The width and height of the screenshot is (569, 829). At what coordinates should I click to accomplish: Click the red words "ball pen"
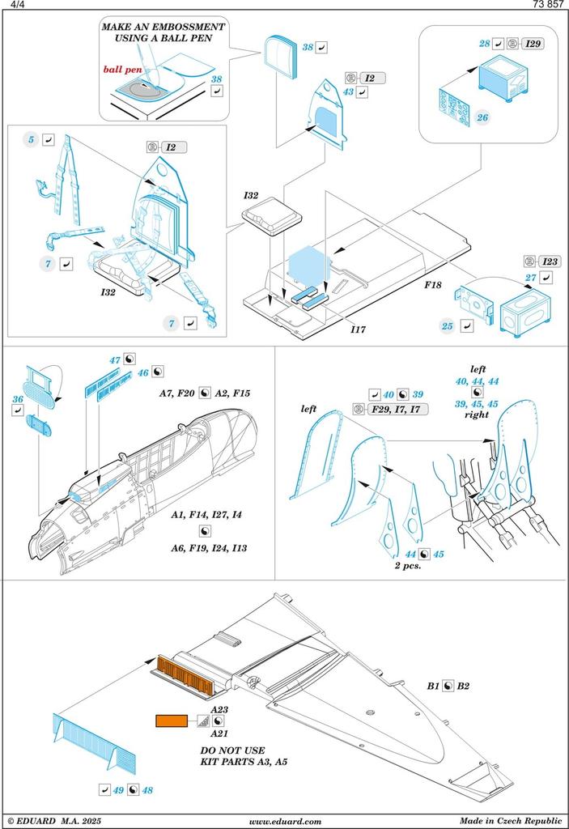(x=123, y=70)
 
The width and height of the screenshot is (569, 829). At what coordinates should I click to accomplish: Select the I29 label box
(x=533, y=43)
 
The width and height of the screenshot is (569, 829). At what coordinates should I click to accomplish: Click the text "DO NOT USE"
(x=232, y=750)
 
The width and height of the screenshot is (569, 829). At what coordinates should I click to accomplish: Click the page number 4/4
(x=14, y=5)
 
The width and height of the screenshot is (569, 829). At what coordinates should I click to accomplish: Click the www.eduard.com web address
(x=285, y=821)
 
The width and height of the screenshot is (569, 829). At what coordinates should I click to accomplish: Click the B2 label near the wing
(x=463, y=686)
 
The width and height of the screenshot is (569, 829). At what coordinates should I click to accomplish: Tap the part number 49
(x=119, y=789)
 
